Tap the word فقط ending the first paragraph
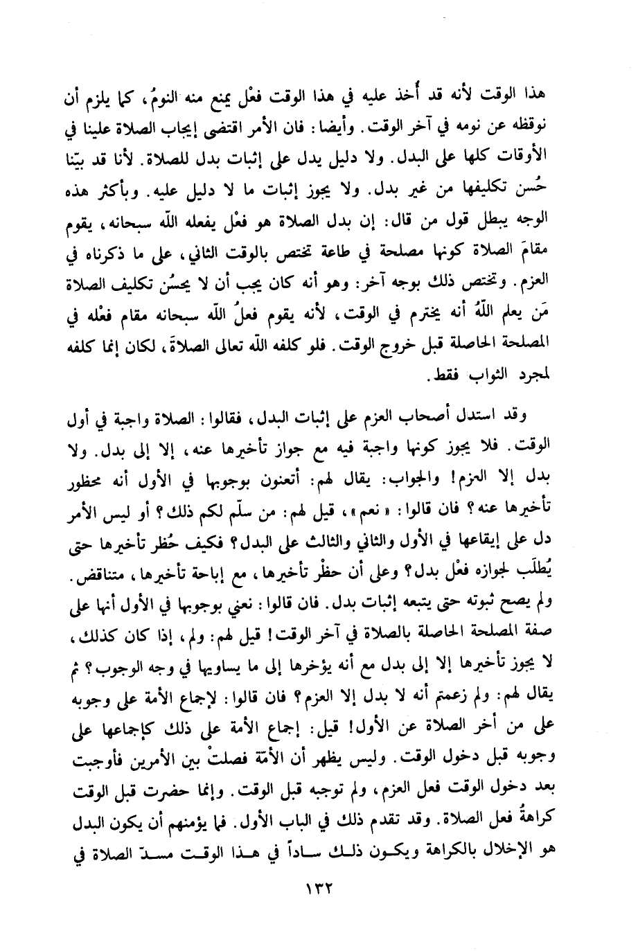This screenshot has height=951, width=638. click(x=424, y=377)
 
